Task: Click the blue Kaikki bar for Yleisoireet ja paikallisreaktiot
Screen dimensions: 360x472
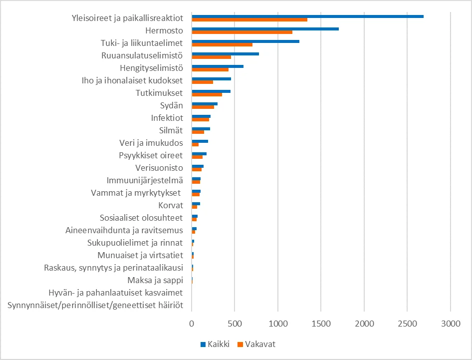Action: (x=307, y=16)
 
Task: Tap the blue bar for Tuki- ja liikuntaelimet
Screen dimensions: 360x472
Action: (x=245, y=41)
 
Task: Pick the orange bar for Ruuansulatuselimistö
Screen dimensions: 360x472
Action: (x=211, y=57)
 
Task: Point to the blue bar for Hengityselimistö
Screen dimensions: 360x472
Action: (x=218, y=66)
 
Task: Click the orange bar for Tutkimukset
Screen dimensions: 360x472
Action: (x=207, y=94)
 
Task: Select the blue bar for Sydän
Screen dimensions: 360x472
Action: (x=205, y=104)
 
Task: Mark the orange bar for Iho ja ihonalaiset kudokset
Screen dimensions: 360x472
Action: (x=202, y=82)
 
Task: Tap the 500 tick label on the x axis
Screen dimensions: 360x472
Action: (x=235, y=324)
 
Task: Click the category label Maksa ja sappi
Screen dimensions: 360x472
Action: (x=155, y=280)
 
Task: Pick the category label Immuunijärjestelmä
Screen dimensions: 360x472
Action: (x=145, y=180)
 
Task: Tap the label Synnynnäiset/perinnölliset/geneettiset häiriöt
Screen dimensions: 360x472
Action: (x=95, y=305)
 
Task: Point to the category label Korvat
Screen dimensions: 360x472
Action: (x=171, y=205)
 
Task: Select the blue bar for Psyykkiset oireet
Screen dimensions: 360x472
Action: (x=199, y=154)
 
